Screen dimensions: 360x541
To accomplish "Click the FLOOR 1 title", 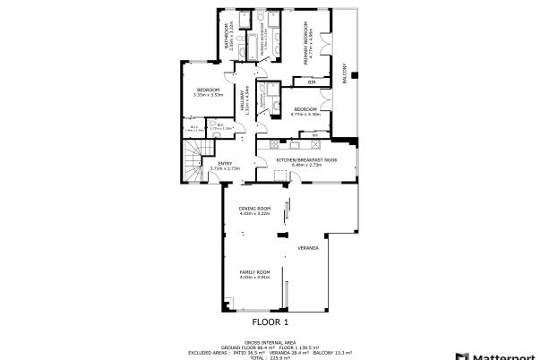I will pyautogui.click(x=270, y=321).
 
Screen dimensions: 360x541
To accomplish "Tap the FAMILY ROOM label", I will pyautogui.click(x=254, y=271).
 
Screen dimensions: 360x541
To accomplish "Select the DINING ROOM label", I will pyautogui.click(x=254, y=209).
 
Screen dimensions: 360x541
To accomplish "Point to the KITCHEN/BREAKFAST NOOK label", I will pyautogui.click(x=305, y=160).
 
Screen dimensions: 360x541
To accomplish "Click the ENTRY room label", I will pyautogui.click(x=225, y=163).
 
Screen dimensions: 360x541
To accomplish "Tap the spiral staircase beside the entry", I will pyautogui.click(x=194, y=166).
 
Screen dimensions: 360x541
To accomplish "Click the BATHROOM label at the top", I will pyautogui.click(x=226, y=38).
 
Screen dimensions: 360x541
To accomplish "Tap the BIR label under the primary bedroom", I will pyautogui.click(x=311, y=82).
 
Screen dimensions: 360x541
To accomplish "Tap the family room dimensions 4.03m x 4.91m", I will pyautogui.click(x=254, y=277).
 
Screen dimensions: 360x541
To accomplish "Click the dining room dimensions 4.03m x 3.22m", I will pyautogui.click(x=254, y=214).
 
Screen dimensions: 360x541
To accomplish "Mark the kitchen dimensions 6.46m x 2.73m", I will pyautogui.click(x=305, y=166).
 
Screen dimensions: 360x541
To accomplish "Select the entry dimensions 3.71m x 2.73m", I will pyautogui.click(x=225, y=168).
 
